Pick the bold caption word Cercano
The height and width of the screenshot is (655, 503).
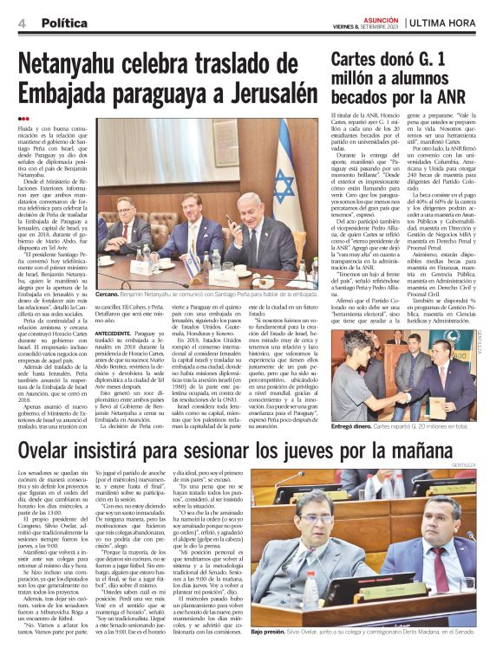(110, 294)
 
